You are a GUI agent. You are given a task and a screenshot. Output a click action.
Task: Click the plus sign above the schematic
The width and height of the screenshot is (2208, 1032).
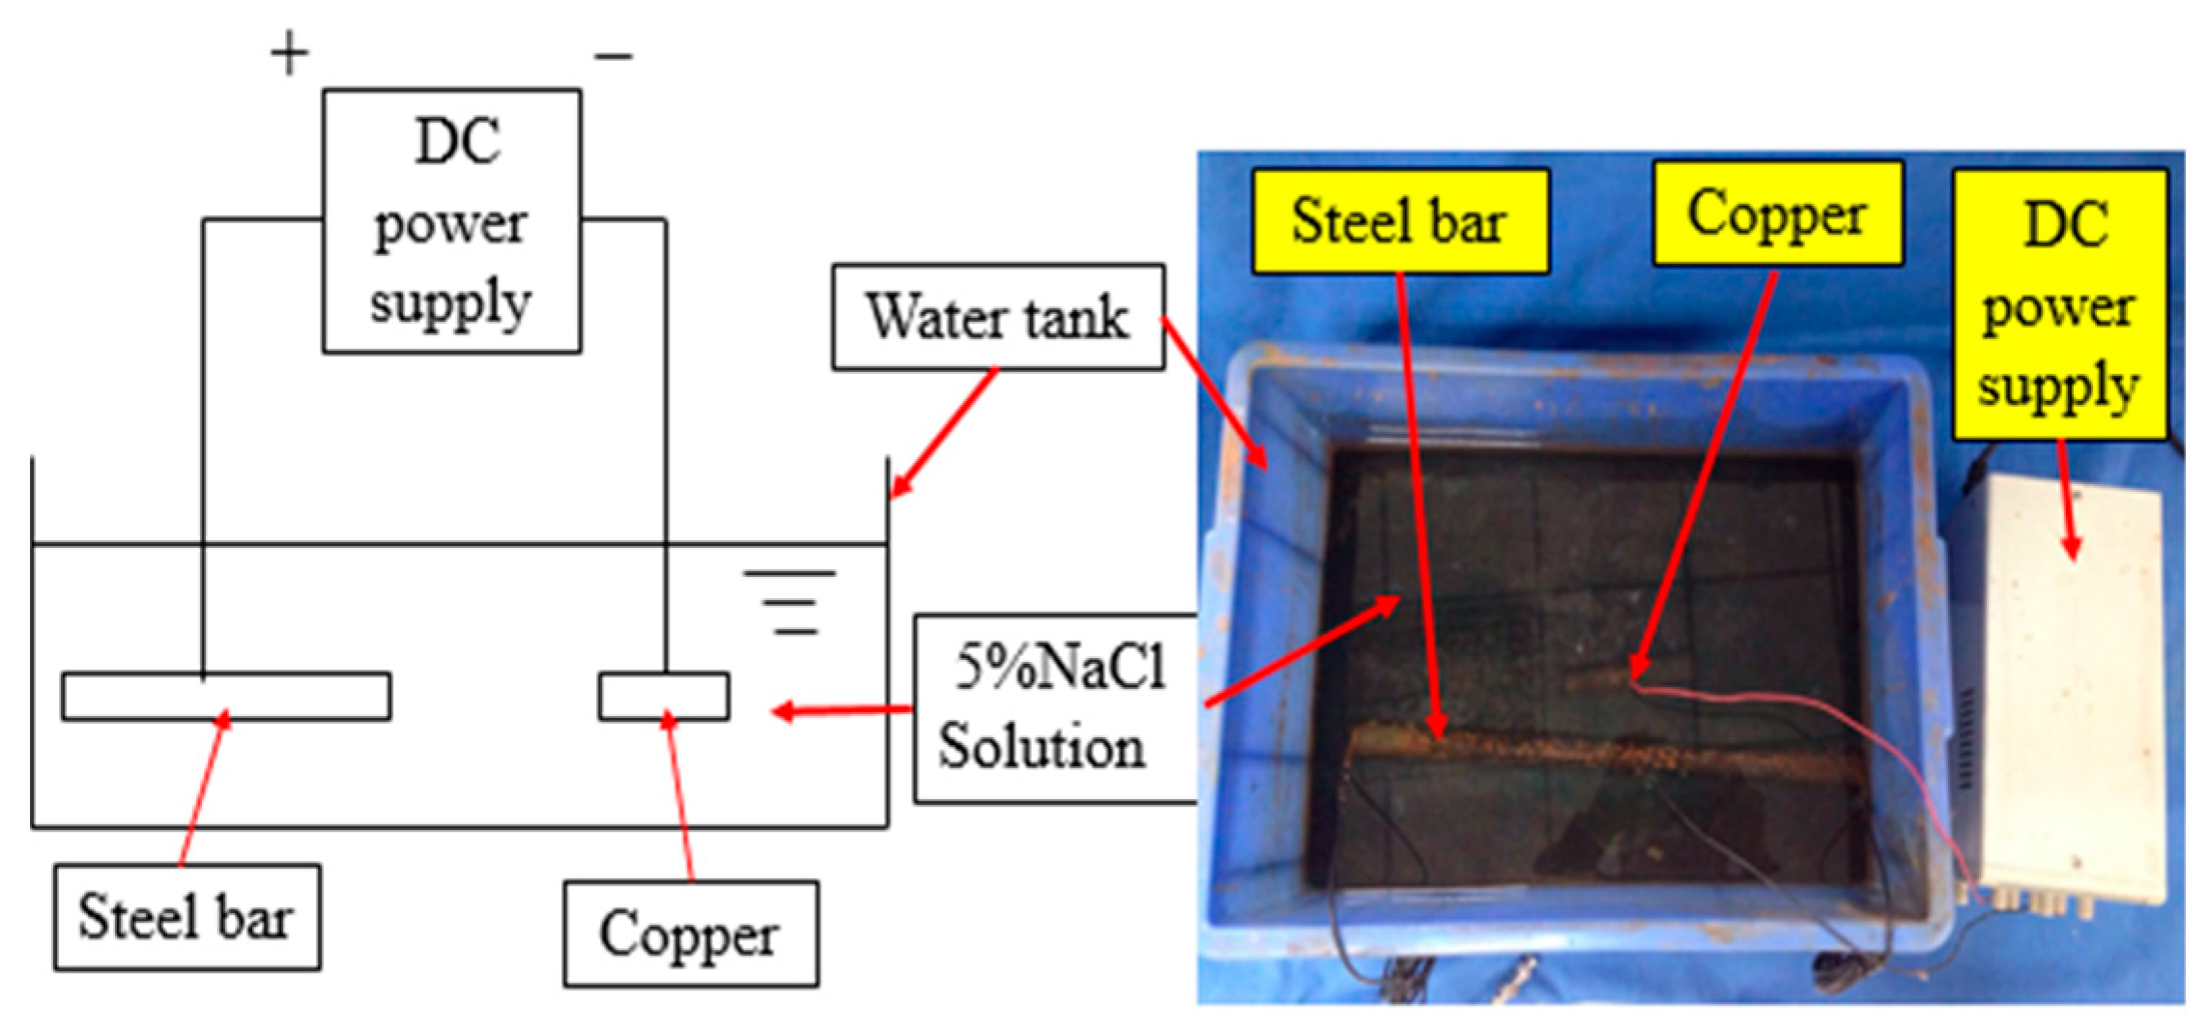(289, 54)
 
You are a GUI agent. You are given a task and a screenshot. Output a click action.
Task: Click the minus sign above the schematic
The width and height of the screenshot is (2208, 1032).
(614, 57)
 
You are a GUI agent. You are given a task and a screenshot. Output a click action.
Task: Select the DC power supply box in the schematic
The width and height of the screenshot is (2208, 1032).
(451, 221)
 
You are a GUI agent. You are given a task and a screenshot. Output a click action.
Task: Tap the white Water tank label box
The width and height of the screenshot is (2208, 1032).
(997, 317)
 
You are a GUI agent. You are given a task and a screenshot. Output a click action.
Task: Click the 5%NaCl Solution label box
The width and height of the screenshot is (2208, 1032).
(1057, 708)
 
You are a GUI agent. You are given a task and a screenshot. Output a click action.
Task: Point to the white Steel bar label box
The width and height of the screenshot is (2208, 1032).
(186, 917)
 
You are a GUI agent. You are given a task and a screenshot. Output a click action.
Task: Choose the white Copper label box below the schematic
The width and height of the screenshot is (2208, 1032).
(691, 933)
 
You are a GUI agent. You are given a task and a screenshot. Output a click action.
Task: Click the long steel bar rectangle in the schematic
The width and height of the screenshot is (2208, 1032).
(226, 697)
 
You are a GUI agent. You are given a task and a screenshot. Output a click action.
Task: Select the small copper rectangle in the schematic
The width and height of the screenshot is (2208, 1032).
(664, 697)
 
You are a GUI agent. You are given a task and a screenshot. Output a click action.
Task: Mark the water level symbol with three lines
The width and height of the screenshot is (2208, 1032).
(790, 602)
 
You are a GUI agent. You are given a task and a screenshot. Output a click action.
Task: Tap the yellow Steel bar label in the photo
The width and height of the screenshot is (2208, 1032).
(1400, 221)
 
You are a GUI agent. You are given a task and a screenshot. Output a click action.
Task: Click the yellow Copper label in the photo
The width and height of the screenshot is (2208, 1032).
(1777, 214)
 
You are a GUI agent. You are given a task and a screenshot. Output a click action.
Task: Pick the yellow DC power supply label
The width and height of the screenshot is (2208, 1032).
(2059, 305)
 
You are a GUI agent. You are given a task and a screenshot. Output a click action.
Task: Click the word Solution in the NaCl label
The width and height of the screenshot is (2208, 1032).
(1042, 748)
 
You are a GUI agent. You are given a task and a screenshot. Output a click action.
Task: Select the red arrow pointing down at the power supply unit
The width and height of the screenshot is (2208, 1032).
(2066, 502)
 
